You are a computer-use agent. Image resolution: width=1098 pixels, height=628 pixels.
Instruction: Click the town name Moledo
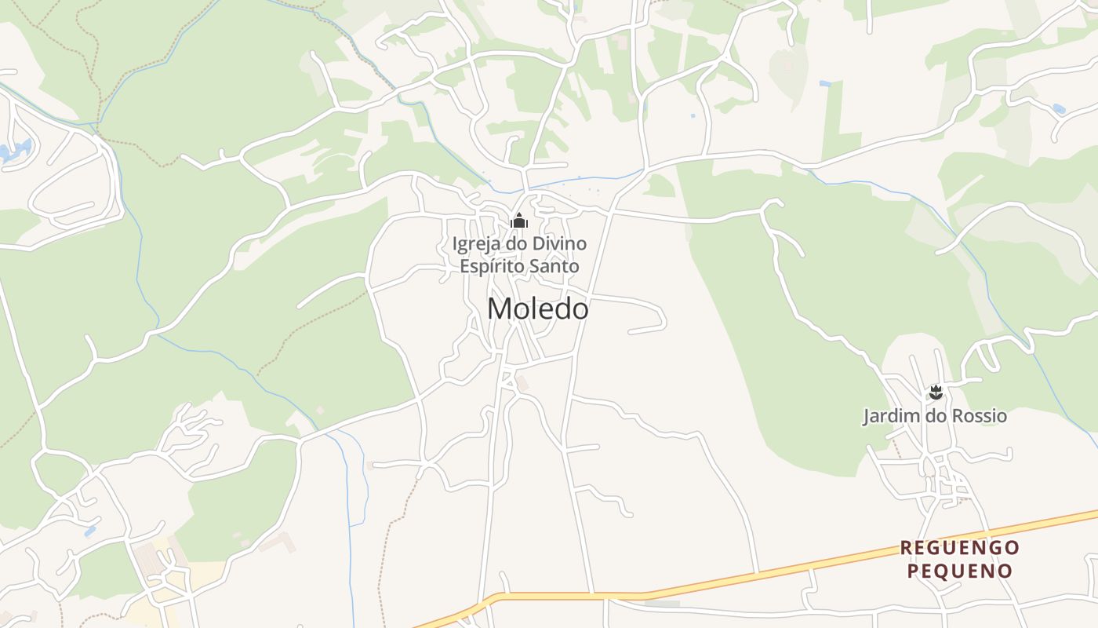pyautogui.click(x=537, y=309)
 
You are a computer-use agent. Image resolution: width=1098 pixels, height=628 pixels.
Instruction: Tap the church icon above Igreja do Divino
pyautogui.click(x=518, y=221)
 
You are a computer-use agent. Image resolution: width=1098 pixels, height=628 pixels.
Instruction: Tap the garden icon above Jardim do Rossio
pyautogui.click(x=935, y=391)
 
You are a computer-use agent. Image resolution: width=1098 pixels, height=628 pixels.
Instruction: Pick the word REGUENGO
pyautogui.click(x=959, y=547)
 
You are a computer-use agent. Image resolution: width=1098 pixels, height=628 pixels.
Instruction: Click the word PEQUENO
pyautogui.click(x=959, y=571)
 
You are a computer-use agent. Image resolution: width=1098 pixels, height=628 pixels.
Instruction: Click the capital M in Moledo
pyautogui.click(x=500, y=309)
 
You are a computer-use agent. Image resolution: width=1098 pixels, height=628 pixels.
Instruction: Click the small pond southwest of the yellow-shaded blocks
pyautogui.click(x=91, y=531)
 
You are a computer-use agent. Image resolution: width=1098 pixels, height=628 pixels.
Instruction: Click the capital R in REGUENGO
pyautogui.click(x=906, y=547)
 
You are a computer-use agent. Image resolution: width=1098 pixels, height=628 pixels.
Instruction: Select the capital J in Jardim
pyautogui.click(x=867, y=415)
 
